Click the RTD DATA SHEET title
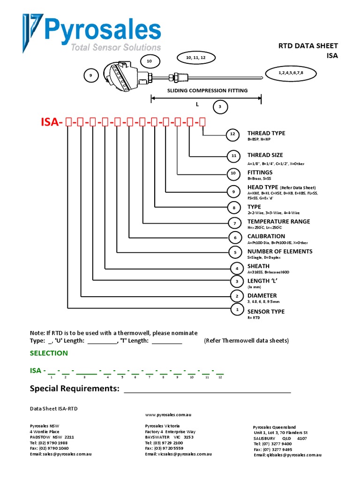(308, 45)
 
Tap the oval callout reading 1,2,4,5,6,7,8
(291, 73)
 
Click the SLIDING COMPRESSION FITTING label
(208, 90)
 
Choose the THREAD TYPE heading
(266, 133)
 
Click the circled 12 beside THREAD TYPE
(232, 135)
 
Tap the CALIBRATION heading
(266, 236)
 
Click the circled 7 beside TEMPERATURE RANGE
(235, 223)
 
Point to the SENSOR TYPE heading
(266, 311)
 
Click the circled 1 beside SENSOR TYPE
(237, 309)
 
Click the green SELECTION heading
(49, 353)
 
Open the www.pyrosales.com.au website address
(168, 415)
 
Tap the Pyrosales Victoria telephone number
(164, 443)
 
